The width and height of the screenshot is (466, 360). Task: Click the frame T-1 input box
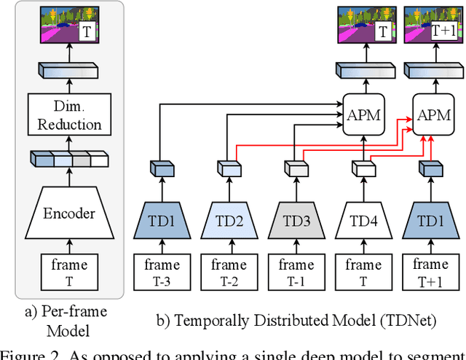296,272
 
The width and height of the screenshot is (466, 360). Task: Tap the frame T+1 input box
431,272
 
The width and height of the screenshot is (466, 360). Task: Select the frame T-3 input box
161,272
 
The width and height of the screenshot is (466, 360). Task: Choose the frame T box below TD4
363,272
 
